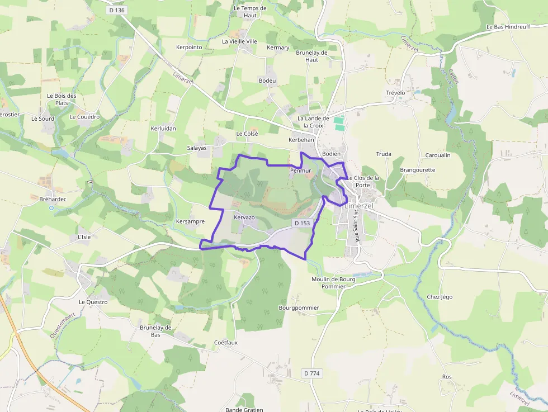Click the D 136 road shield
(x=116, y=10)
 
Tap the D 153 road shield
(x=302, y=223)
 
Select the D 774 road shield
(x=313, y=373)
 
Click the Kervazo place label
(x=244, y=217)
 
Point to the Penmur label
(x=300, y=170)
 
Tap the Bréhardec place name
(x=53, y=199)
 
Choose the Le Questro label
(x=93, y=302)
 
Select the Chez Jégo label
(x=440, y=297)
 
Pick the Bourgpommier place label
(x=299, y=308)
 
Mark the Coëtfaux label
(x=226, y=343)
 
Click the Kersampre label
(x=190, y=221)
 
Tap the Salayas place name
(x=197, y=148)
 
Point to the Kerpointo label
(x=189, y=48)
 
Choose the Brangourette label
(x=417, y=170)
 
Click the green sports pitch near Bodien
(x=339, y=120)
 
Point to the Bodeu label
(x=267, y=81)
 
